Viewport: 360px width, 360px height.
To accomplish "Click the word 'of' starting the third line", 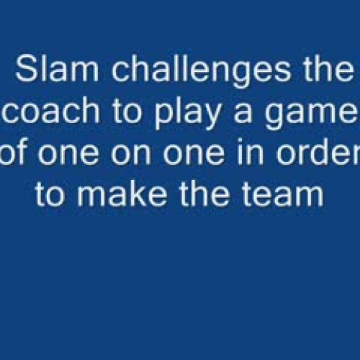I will point(16,153).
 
